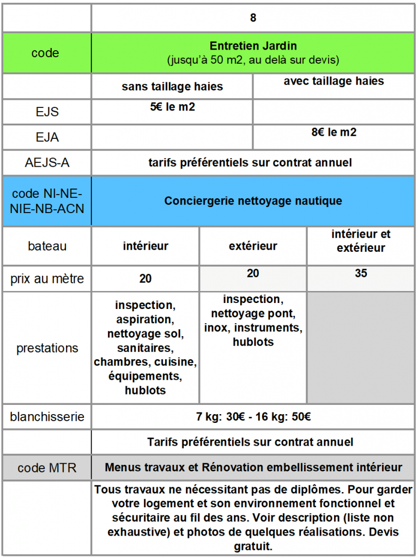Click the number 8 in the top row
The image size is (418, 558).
[x=253, y=17]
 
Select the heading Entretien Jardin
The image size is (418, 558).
[x=253, y=46]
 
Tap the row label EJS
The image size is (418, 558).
[x=47, y=112]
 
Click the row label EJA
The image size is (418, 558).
[x=47, y=137]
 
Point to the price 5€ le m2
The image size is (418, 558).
[x=172, y=107]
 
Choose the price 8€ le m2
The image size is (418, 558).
[x=334, y=132]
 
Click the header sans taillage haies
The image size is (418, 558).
[x=172, y=87]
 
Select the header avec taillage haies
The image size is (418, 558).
[x=334, y=81]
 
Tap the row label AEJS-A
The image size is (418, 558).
[x=47, y=162]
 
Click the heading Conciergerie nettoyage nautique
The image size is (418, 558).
[x=253, y=201]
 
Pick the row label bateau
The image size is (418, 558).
[x=47, y=246]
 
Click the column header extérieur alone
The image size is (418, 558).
[x=253, y=246]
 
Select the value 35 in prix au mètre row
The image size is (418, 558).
[x=361, y=274]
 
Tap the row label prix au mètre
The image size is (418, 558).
[x=47, y=279]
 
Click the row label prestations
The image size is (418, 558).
[x=47, y=348]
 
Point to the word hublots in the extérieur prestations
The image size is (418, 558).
[x=253, y=342]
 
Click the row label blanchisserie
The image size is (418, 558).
[x=47, y=417]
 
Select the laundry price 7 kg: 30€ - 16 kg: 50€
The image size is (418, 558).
[x=253, y=417]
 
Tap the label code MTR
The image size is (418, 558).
[x=47, y=468]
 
